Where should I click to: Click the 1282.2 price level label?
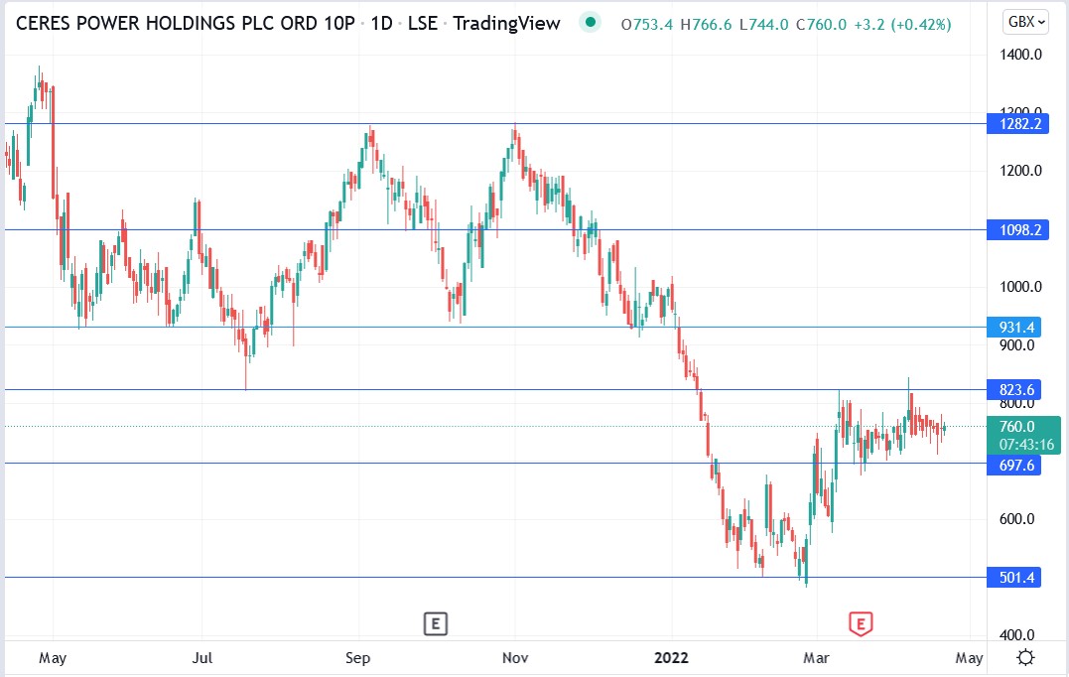click(x=1013, y=124)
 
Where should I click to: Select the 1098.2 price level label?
click(x=1013, y=230)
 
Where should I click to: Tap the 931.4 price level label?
click(x=1013, y=327)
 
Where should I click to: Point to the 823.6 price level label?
click(x=1013, y=390)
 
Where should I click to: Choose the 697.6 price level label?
click(x=1013, y=464)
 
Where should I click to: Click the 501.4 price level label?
click(x=1013, y=578)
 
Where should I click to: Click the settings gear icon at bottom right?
click(x=1026, y=657)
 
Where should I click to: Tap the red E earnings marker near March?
click(x=860, y=623)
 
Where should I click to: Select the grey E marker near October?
click(x=434, y=623)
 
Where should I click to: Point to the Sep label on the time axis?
click(x=358, y=657)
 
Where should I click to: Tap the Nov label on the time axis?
click(x=514, y=657)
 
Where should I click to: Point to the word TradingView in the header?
click(x=506, y=23)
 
